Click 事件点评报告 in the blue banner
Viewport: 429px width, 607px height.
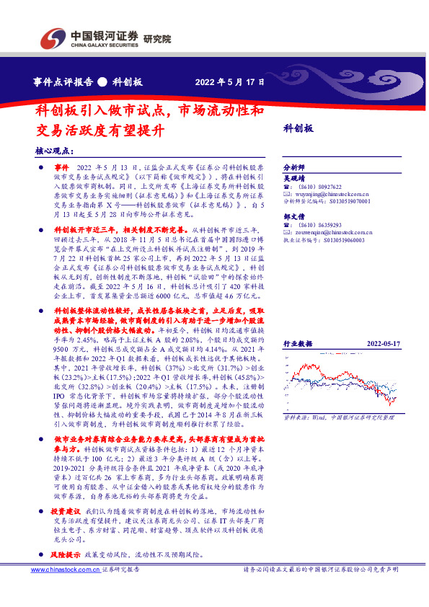pyautogui.click(x=64, y=81)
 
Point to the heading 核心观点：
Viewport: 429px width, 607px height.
pyautogui.click(x=55, y=151)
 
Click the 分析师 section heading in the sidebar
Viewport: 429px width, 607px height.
pyautogui.click(x=294, y=167)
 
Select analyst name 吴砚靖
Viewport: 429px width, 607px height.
pyautogui.click(x=294, y=177)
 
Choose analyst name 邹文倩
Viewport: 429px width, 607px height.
pyautogui.click(x=294, y=216)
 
